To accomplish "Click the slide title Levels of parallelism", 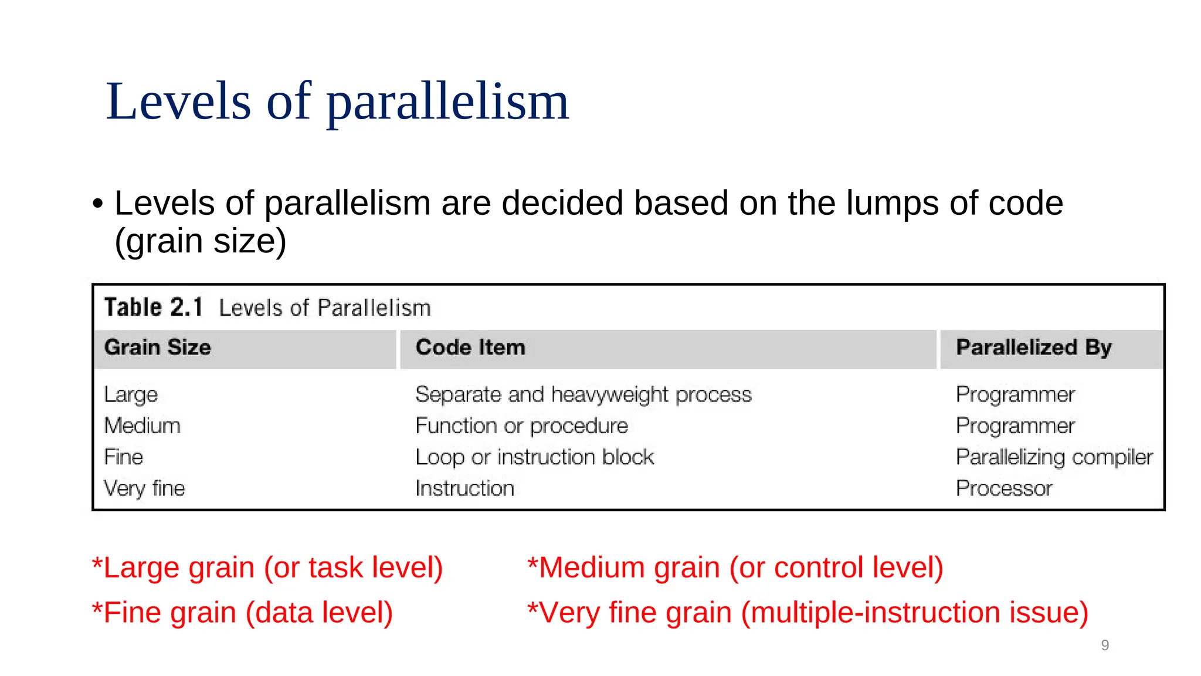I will coord(337,102).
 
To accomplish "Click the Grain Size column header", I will coord(157,347).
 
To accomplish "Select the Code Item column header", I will coord(470,347).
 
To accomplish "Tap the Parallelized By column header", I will coord(1033,347).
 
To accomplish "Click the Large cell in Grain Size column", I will coord(131,394).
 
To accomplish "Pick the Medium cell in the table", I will coord(142,425).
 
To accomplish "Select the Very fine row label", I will coord(144,488).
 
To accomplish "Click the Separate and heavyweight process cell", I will coord(583,394).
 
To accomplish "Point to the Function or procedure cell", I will coord(521,425).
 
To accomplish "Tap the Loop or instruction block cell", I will coord(534,457).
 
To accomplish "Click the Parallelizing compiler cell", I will coord(1054,457).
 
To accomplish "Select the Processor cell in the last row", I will coord(1003,488).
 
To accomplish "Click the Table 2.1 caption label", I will coord(154,307).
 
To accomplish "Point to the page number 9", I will coord(1105,645).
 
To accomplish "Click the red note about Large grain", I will coord(267,568).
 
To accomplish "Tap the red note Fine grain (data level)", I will coord(243,613).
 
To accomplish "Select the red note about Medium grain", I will coord(735,568).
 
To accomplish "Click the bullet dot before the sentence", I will coord(97,204).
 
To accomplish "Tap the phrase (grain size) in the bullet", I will coord(201,241).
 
